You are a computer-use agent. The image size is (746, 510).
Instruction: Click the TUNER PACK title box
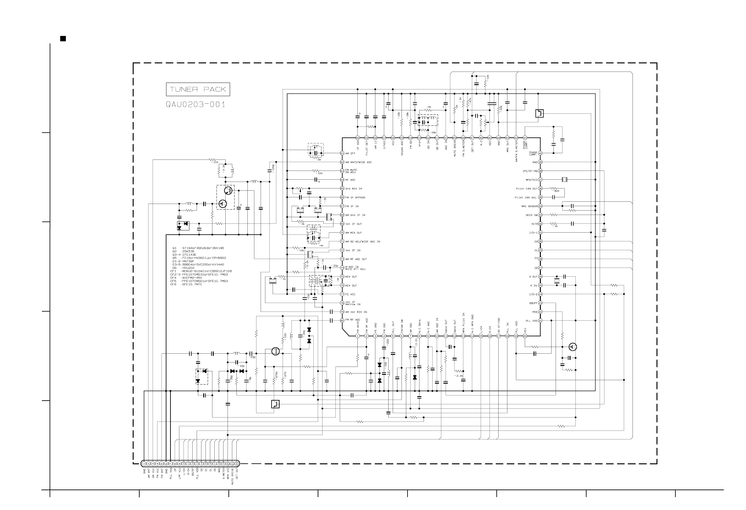click(198, 89)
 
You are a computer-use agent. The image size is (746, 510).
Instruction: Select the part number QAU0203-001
click(195, 104)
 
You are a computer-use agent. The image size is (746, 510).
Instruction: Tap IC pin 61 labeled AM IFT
click(342, 154)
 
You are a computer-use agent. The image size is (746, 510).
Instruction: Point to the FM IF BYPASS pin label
click(355, 198)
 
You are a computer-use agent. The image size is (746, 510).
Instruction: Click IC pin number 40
click(540, 154)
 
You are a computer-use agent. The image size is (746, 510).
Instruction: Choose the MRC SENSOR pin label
click(529, 206)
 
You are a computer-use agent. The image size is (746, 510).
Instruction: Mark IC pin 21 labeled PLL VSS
click(540, 321)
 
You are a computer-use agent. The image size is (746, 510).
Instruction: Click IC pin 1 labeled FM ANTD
click(358, 336)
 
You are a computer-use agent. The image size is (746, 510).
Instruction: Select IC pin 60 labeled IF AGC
click(358, 138)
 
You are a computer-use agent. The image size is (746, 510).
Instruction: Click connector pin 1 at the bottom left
click(144, 463)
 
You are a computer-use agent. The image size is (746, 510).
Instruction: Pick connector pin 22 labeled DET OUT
click(237, 463)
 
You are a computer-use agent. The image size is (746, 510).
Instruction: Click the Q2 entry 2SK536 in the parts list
click(188, 251)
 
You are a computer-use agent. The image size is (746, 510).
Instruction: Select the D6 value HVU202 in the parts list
click(188, 268)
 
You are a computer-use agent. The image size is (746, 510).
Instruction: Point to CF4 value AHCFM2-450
click(192, 278)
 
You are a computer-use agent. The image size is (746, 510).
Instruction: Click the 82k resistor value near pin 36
click(556, 191)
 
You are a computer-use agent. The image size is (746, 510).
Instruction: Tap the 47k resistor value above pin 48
click(470, 100)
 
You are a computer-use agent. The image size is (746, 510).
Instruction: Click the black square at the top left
click(63, 39)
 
